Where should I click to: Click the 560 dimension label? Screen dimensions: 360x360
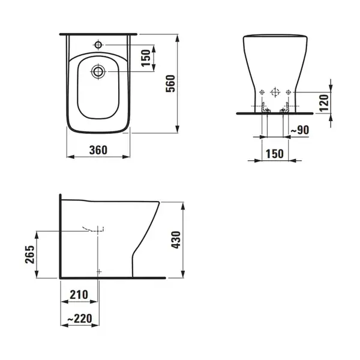170,83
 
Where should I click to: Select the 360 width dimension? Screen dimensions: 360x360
98,150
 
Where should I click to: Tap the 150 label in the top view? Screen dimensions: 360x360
146,58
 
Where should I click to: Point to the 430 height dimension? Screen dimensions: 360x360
176,239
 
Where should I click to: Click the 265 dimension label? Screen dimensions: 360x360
30,254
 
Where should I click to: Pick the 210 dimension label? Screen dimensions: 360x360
79,295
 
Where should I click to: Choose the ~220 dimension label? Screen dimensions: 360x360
80,319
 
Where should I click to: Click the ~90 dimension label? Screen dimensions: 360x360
300,130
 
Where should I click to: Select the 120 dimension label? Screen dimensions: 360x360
325,103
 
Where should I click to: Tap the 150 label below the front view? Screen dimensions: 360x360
275,154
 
